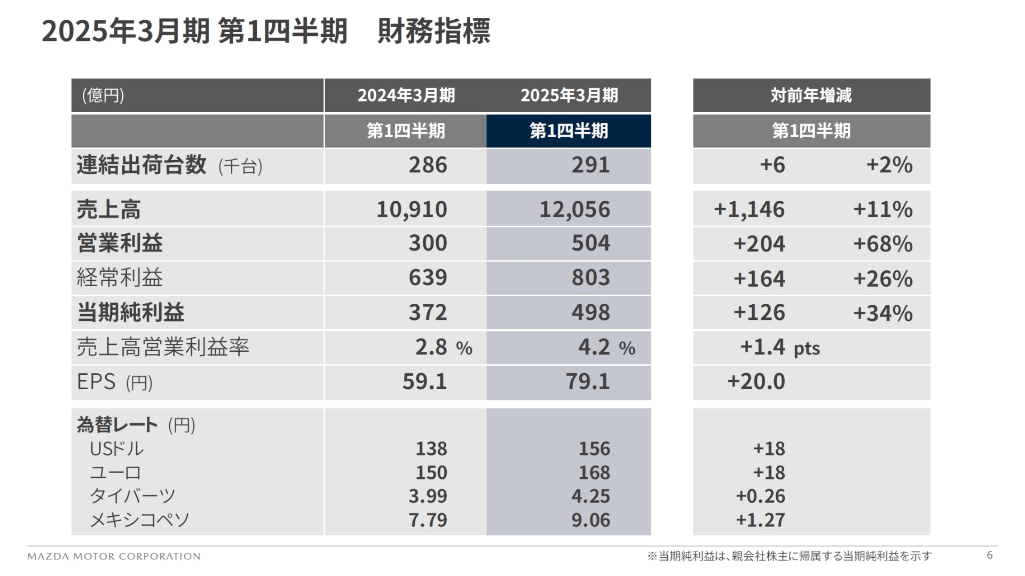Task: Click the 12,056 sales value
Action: coord(574,209)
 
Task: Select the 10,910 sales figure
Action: coord(412,209)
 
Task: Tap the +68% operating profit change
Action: coord(882,244)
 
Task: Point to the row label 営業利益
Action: coord(120,243)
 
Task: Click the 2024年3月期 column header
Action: coord(406,96)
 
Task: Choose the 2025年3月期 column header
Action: coord(569,96)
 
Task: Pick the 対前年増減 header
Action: coord(811,96)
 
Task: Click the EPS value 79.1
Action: coord(587,382)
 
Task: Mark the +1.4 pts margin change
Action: coord(779,348)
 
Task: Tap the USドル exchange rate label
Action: coord(117,449)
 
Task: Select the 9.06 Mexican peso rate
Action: coord(590,520)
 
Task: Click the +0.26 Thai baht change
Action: coord(760,496)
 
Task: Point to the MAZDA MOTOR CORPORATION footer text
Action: coord(114,556)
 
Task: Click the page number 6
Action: coord(989,555)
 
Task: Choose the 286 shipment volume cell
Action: coord(428,165)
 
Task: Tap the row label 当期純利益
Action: coord(131,313)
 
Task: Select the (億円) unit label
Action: coord(103,96)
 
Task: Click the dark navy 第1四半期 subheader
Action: coord(569,131)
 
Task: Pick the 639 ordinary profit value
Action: coord(428,278)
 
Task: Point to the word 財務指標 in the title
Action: coord(433,31)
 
